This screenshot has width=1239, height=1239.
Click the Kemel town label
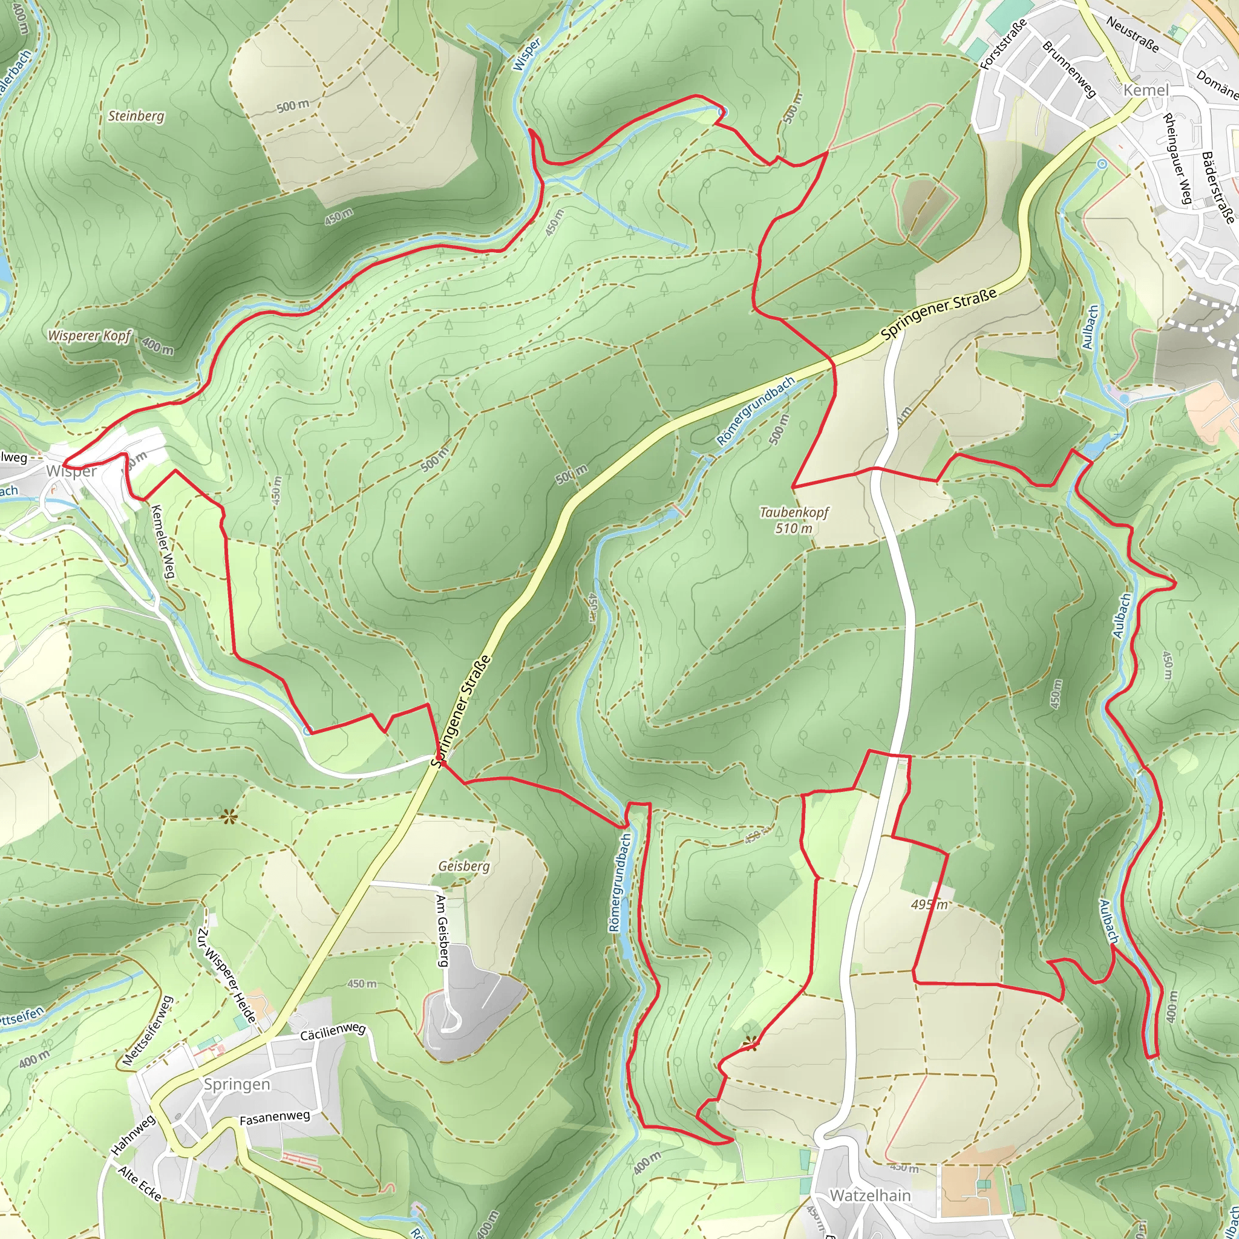1146,90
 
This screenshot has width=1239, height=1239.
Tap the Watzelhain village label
870,1195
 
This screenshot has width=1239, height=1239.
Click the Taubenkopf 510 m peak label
794,520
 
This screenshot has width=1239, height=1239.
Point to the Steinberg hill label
136,116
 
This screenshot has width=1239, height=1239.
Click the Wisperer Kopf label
89,336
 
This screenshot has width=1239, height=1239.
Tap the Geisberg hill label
464,866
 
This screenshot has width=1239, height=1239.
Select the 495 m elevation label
929,905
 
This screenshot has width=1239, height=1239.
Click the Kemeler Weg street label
163,541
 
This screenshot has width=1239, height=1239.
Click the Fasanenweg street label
275,1119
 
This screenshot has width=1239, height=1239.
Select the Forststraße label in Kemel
1004,45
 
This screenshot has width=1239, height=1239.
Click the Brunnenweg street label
1068,69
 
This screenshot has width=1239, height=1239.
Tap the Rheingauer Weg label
1177,159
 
